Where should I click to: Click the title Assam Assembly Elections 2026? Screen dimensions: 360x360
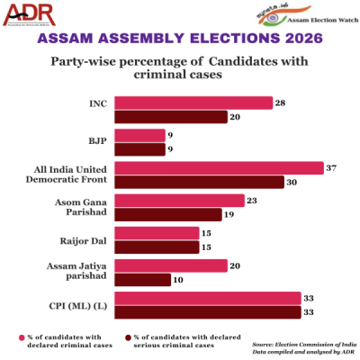point(180,40)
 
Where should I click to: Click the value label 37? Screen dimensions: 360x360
point(332,167)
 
